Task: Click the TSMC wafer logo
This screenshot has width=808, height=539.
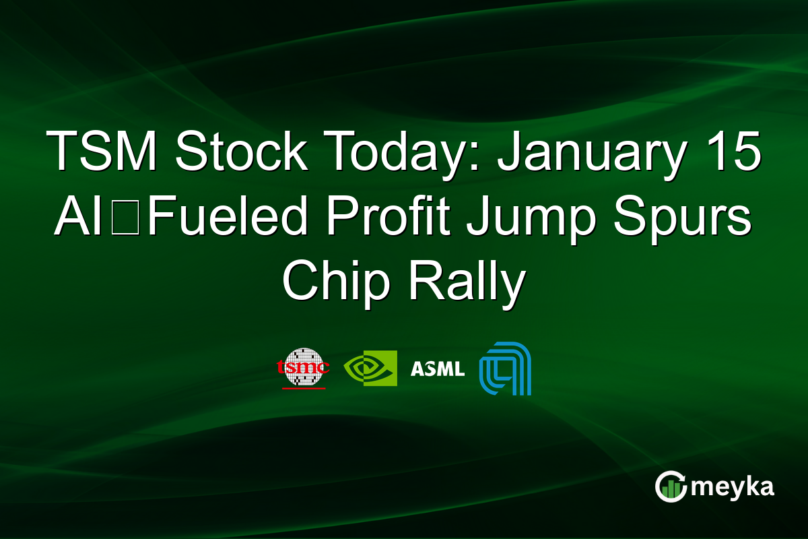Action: (x=304, y=366)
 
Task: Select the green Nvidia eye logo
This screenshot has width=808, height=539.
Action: (x=370, y=368)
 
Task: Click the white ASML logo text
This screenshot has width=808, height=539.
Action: (x=437, y=369)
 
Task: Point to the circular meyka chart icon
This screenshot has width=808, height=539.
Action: (x=671, y=486)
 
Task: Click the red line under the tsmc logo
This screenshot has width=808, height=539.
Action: (x=304, y=388)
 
